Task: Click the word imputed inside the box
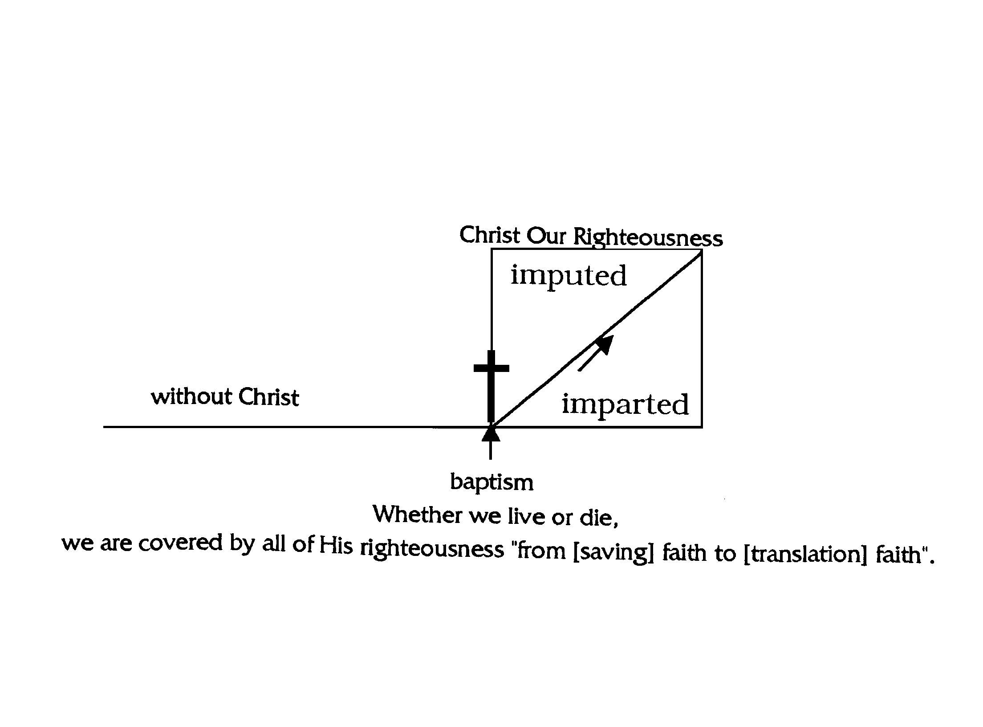pyautogui.click(x=569, y=276)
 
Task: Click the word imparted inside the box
pyautogui.click(x=625, y=405)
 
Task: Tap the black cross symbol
pyautogui.click(x=491, y=386)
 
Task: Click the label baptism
pyautogui.click(x=492, y=482)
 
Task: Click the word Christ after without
pyautogui.click(x=268, y=397)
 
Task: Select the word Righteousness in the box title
pyautogui.click(x=648, y=237)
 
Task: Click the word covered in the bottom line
pyautogui.click(x=180, y=543)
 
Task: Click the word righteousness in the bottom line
pyautogui.click(x=432, y=549)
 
